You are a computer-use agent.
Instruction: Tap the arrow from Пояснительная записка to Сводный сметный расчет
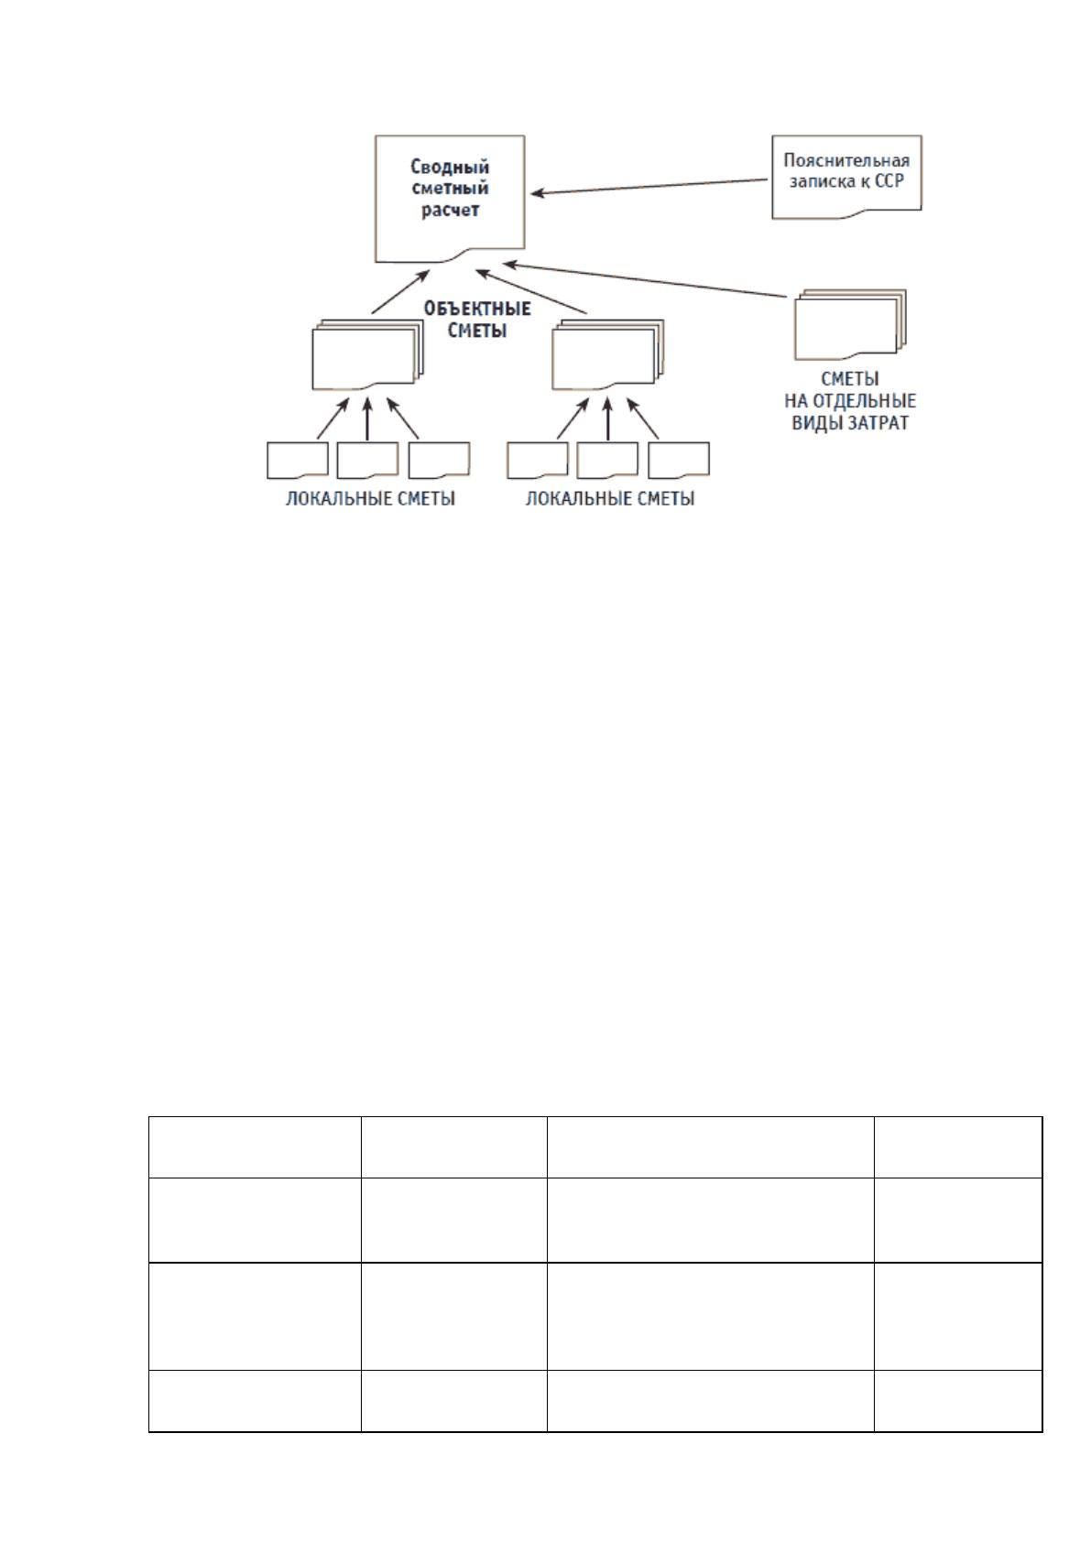tap(649, 187)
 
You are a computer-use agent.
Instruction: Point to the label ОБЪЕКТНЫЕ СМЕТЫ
tap(476, 320)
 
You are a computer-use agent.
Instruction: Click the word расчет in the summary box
tap(450, 210)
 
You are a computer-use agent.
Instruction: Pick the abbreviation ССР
tap(889, 181)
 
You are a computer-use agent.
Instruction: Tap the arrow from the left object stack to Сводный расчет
tap(401, 292)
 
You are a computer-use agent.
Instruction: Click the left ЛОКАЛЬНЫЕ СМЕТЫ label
tap(371, 498)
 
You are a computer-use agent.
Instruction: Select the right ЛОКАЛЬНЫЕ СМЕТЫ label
tap(610, 498)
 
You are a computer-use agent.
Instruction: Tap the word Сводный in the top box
tap(450, 167)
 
